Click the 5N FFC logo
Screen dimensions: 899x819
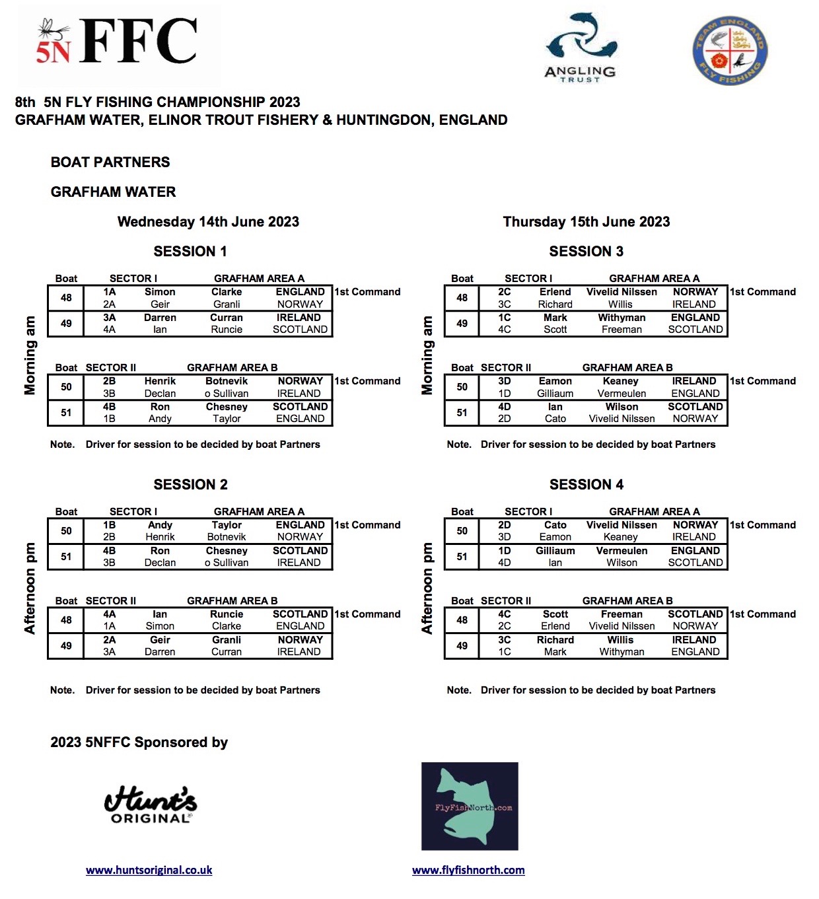point(119,43)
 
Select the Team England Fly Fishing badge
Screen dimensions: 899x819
point(730,51)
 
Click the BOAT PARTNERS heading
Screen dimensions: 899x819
point(110,162)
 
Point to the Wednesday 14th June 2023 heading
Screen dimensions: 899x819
point(208,222)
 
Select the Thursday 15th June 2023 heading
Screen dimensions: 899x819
point(586,222)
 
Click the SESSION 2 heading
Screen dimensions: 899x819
point(190,485)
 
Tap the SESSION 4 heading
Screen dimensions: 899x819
point(586,485)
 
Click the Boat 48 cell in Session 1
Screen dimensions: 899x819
point(66,298)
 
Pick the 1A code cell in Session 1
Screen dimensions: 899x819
point(109,292)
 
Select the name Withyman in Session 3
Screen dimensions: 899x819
point(622,318)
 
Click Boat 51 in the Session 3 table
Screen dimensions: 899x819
point(462,413)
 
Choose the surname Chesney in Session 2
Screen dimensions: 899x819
point(227,551)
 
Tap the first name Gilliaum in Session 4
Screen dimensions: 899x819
point(555,551)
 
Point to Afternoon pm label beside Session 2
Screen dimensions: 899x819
point(30,588)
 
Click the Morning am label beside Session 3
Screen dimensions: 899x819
point(427,355)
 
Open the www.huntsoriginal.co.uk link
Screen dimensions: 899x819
point(149,871)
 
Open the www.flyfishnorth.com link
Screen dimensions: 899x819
point(468,871)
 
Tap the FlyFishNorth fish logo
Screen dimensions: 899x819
point(470,807)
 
